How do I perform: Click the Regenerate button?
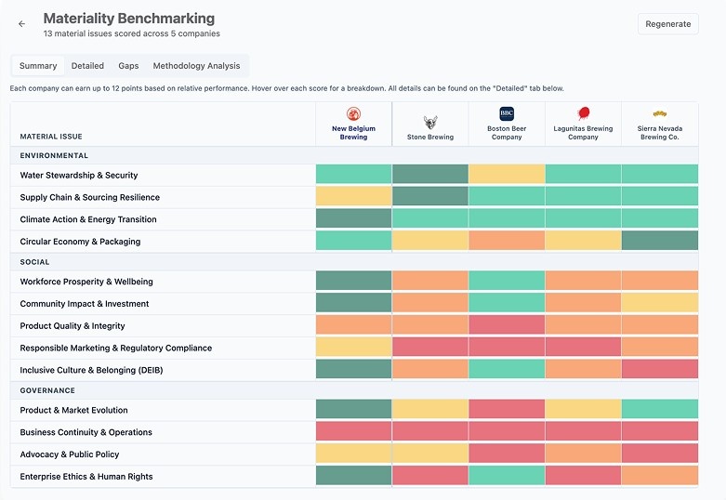(x=667, y=24)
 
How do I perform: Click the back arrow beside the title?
(x=21, y=24)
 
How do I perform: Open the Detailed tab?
(x=87, y=66)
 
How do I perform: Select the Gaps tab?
(x=128, y=66)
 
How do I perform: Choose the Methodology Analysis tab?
(x=196, y=66)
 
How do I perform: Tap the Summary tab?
(x=38, y=66)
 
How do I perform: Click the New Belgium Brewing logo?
(x=354, y=114)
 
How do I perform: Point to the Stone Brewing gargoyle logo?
(x=430, y=123)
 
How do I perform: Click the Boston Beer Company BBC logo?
(x=507, y=113)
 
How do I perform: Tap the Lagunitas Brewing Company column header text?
(x=583, y=132)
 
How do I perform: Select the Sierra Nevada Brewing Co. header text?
(x=660, y=132)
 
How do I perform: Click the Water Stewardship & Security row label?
(x=79, y=175)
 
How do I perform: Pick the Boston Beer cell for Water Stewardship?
(x=507, y=174)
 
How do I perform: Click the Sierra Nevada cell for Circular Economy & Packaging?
(x=660, y=241)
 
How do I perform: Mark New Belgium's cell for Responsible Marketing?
(x=354, y=348)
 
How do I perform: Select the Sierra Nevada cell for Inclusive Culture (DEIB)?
(x=660, y=369)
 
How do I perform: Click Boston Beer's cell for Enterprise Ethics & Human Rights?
(x=507, y=476)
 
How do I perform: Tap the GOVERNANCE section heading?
(x=47, y=390)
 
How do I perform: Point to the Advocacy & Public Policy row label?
(x=70, y=454)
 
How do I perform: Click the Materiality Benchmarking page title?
(x=128, y=19)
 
